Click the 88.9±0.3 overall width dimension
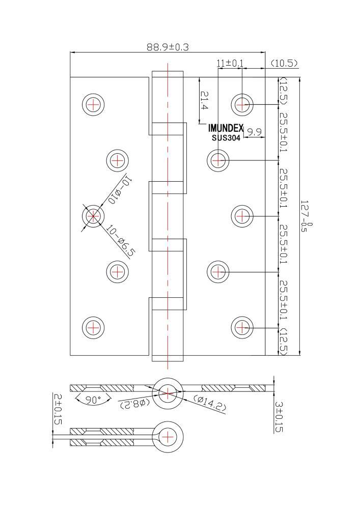[x=168, y=47]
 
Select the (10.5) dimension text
[x=284, y=63]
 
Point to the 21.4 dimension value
[x=204, y=100]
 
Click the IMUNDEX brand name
[x=226, y=129]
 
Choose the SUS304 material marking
[x=226, y=138]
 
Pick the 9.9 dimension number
[x=255, y=132]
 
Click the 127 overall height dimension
[x=305, y=215]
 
